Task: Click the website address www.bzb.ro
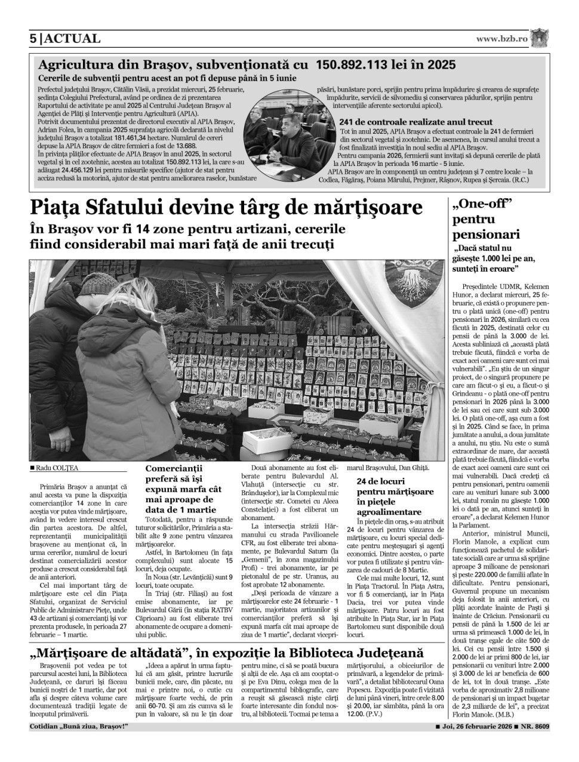point(501,39)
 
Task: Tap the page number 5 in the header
point(33,39)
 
